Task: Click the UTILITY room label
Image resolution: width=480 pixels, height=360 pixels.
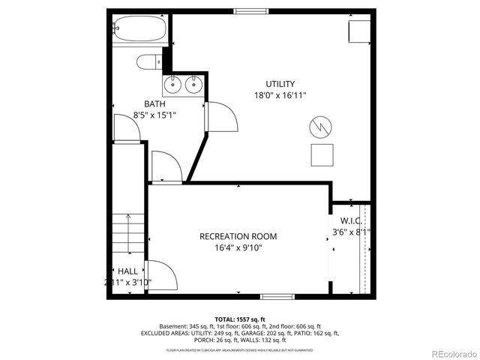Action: pos(280,84)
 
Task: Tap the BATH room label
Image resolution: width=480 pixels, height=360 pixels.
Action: pos(154,103)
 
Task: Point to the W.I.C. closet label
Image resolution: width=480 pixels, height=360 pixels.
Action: pos(351,221)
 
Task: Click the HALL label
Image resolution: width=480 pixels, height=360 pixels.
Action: pos(127,271)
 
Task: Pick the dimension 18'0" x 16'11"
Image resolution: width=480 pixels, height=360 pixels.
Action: pos(280,95)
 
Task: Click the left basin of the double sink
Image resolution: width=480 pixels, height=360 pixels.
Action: pos(171,84)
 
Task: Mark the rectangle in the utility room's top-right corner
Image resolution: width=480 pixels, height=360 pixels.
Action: pos(359,31)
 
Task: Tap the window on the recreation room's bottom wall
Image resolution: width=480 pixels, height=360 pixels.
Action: pos(272,296)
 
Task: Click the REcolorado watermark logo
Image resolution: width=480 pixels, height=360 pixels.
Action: pos(451,352)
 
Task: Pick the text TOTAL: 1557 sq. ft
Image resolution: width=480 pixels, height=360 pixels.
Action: pos(239,319)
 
